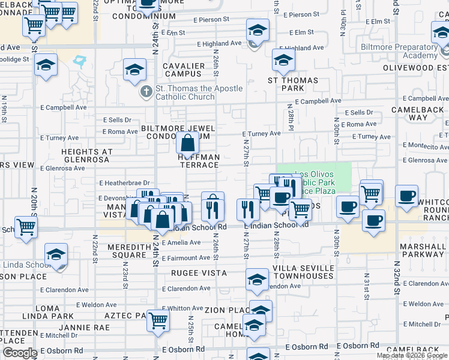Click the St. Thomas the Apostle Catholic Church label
pos(199,92)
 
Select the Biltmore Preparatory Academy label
pos(399,51)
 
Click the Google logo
pos(20,353)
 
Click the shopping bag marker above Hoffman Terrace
pos(188,144)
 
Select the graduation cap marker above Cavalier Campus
pos(135,70)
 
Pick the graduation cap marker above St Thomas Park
pos(283,60)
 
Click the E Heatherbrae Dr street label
pos(124,182)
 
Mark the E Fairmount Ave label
pos(186,258)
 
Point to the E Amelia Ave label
pos(181,242)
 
